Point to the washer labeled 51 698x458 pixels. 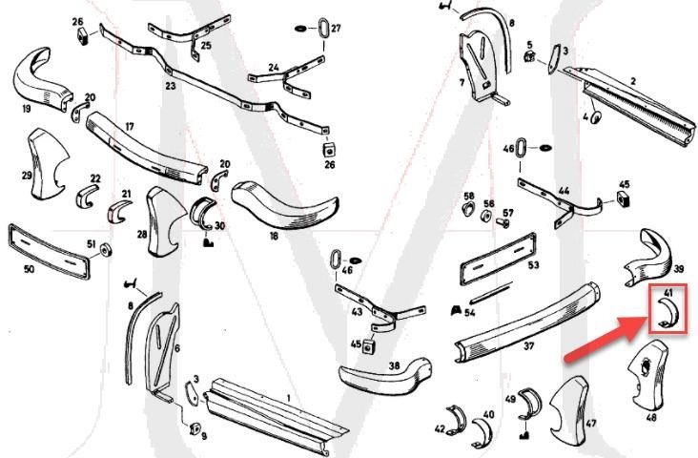click(106, 249)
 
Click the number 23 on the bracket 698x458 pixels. click(172, 86)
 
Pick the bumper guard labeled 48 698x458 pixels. click(647, 382)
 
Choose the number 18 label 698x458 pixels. click(274, 234)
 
